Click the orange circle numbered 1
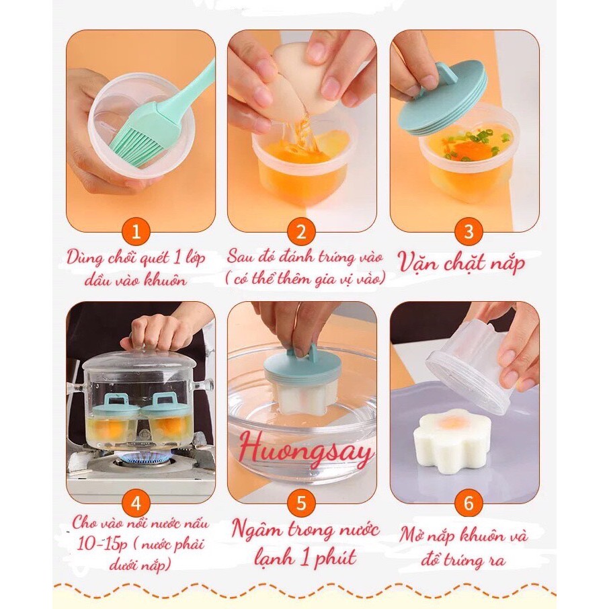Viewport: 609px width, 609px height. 136,232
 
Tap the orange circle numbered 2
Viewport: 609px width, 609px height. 301,232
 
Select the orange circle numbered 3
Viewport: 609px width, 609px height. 469,232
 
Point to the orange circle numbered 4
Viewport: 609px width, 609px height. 136,503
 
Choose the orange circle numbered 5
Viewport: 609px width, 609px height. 301,503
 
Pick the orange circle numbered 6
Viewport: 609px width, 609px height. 469,503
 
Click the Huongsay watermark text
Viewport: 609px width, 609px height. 306,450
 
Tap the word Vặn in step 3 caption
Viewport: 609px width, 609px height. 418,263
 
